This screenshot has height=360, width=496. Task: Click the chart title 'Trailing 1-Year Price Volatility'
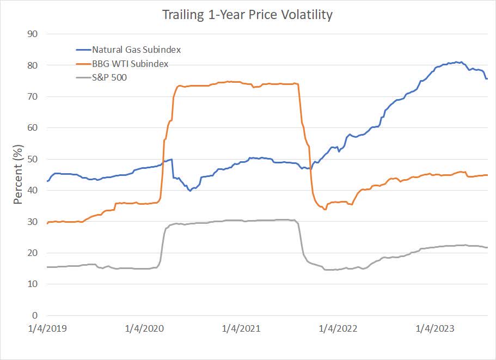247,15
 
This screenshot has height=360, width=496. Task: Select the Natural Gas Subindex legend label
136,50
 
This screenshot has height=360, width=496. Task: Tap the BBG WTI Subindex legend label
130,64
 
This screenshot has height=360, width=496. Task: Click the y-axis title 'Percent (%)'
18,174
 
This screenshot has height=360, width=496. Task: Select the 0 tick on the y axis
35,315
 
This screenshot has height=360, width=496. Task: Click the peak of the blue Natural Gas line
461,62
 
